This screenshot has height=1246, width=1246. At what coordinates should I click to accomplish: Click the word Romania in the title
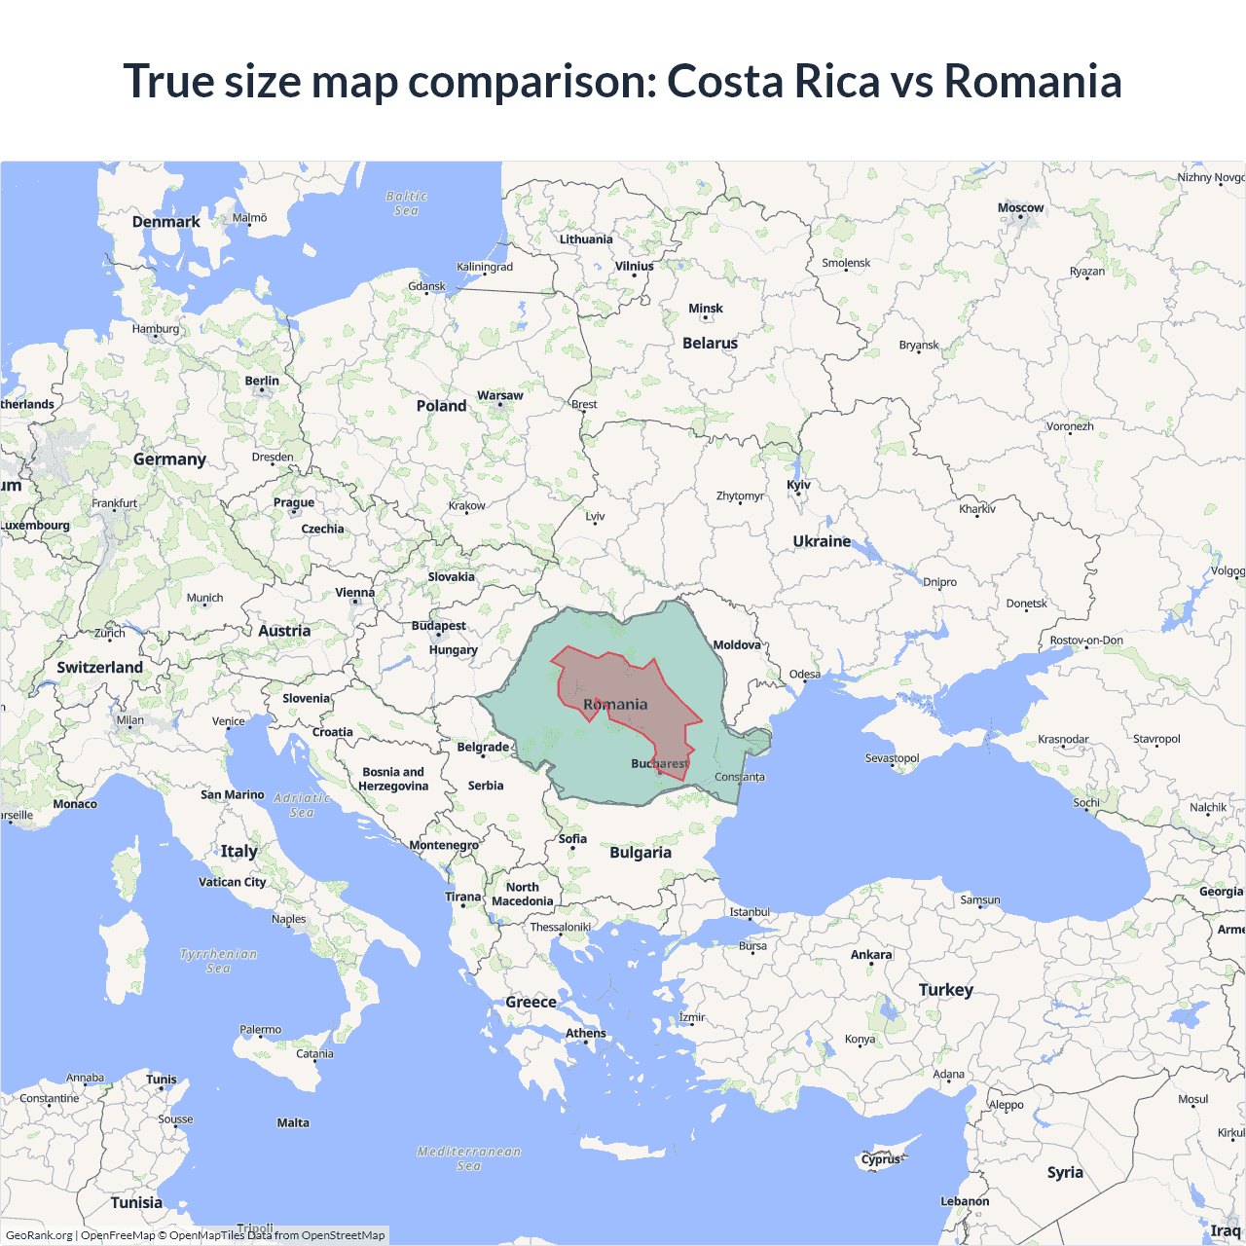1032,81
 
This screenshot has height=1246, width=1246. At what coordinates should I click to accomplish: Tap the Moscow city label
1020,207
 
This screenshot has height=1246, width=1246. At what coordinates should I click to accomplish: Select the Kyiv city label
798,485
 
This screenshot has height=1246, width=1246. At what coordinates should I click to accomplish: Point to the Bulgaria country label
641,853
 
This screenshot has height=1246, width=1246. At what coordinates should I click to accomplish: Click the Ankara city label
871,955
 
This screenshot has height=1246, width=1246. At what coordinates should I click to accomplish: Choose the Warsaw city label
499,395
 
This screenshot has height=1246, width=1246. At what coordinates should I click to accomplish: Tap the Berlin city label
262,381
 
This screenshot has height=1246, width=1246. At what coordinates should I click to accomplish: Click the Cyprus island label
881,1159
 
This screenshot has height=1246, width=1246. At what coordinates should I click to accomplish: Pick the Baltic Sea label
406,202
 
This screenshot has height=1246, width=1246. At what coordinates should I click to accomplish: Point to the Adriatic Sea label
302,805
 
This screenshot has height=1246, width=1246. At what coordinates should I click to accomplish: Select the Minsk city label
706,309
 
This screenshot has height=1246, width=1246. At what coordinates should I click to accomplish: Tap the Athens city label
586,1033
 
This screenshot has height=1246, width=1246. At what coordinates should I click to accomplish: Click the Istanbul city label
750,912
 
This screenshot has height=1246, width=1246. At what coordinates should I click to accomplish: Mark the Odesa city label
805,674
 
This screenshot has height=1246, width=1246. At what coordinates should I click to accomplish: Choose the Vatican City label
232,882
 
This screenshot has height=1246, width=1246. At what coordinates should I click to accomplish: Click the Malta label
293,1122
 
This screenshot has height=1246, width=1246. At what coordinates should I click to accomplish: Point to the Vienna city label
354,592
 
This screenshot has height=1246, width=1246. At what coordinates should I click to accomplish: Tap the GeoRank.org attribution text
39,1235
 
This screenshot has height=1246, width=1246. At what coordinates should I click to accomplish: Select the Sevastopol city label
892,758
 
